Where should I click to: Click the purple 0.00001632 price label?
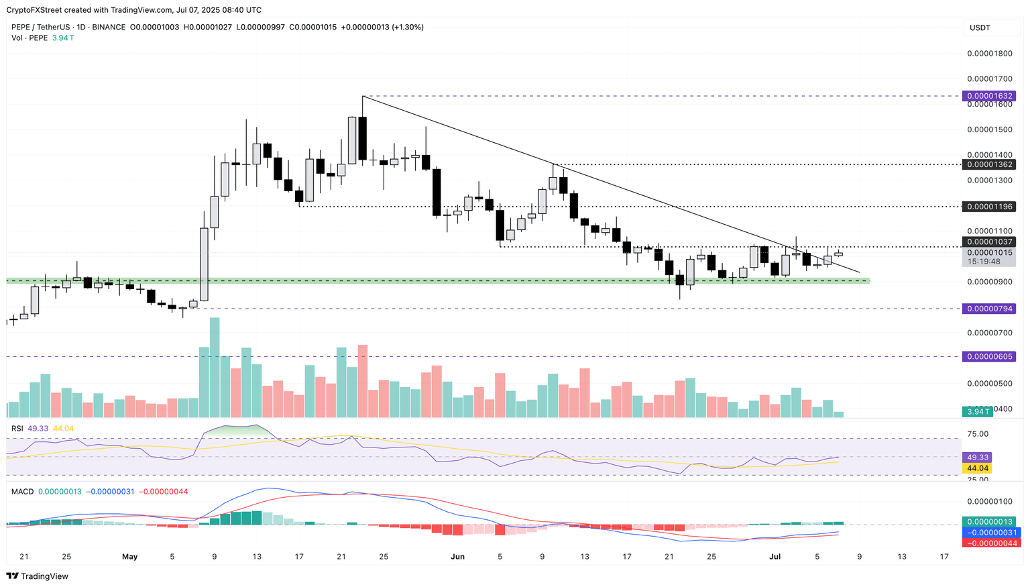pyautogui.click(x=988, y=96)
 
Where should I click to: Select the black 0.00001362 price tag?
pyautogui.click(x=988, y=164)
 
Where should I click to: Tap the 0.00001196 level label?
pyautogui.click(x=988, y=207)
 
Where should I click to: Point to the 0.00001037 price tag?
pyautogui.click(x=988, y=242)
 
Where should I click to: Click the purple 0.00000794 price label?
pyautogui.click(x=988, y=309)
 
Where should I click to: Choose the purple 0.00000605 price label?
pyautogui.click(x=988, y=356)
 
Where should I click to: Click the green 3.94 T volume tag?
pyautogui.click(x=978, y=411)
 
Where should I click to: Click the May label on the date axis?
pyautogui.click(x=130, y=557)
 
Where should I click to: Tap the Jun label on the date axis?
pyautogui.click(x=457, y=557)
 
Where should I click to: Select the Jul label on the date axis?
pyautogui.click(x=775, y=557)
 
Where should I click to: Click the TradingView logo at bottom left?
pyautogui.click(x=38, y=576)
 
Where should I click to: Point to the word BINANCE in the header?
pyautogui.click(x=109, y=27)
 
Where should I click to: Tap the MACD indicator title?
pyautogui.click(x=22, y=492)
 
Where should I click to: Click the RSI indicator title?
pyautogui.click(x=17, y=428)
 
